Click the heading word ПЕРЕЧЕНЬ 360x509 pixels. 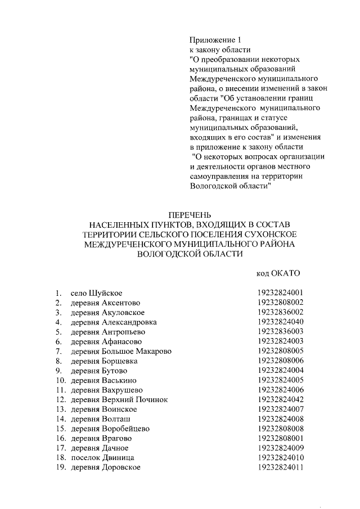click(x=190, y=215)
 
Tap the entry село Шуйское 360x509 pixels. click(x=96, y=293)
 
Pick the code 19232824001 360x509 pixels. click(x=280, y=293)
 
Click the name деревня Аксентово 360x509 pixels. click(x=101, y=303)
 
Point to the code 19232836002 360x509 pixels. click(x=280, y=312)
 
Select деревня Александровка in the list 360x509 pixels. click(x=114, y=322)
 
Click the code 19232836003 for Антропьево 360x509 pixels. click(x=280, y=332)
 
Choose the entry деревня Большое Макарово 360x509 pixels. click(x=121, y=352)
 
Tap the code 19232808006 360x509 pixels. click(x=280, y=361)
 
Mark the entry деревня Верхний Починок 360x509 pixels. click(x=119, y=400)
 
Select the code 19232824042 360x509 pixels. click(x=280, y=400)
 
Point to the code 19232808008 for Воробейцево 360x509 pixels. click(x=280, y=429)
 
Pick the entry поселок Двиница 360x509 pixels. click(x=102, y=458)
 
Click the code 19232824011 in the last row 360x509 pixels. click(x=280, y=467)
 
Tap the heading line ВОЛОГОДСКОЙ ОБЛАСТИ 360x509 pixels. click(x=190, y=254)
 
